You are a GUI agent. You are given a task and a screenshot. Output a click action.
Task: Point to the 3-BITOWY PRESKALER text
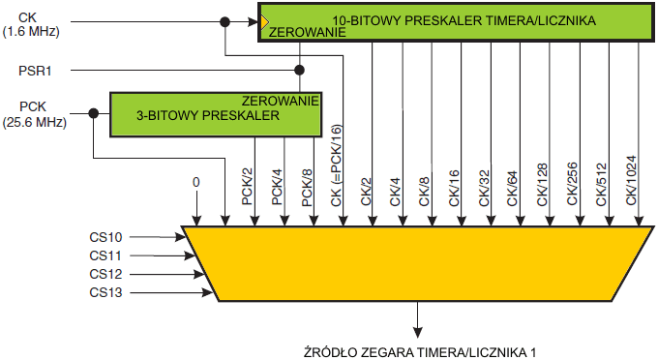[x=207, y=115]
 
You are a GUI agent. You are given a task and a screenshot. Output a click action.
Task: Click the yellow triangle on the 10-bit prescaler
[x=263, y=20]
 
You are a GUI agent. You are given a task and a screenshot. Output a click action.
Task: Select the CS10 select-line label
[x=105, y=237]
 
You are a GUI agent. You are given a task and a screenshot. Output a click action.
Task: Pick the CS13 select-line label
[x=105, y=292]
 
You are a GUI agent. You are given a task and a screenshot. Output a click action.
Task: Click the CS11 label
[x=105, y=256]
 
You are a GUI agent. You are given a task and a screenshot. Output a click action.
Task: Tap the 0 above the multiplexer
[x=196, y=182]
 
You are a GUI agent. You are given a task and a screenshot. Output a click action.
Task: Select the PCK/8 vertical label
[x=307, y=186]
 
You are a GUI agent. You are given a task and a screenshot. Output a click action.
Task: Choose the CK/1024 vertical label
[x=630, y=179]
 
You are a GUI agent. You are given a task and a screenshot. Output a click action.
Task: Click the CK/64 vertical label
[x=512, y=184]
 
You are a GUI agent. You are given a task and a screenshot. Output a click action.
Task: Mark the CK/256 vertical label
[x=572, y=182]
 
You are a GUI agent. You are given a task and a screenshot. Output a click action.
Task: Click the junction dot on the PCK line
[x=93, y=113]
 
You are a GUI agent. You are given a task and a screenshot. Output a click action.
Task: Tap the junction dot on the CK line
[x=225, y=19]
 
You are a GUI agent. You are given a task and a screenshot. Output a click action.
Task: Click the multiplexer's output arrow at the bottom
[x=418, y=326]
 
